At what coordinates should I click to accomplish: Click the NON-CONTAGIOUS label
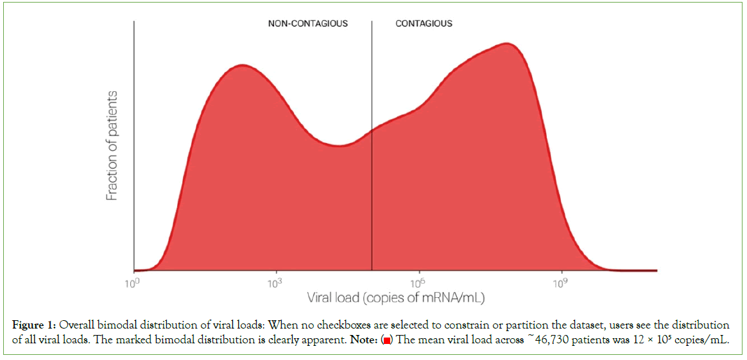pyautogui.click(x=307, y=24)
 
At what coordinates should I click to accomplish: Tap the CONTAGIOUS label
pyautogui.click(x=424, y=24)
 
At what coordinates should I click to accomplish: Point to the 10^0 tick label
pyautogui.click(x=133, y=283)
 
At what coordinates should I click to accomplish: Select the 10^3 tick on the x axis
pyautogui.click(x=275, y=283)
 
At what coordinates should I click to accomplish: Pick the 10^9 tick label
pyautogui.click(x=560, y=283)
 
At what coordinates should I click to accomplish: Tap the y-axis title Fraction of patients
pyautogui.click(x=113, y=146)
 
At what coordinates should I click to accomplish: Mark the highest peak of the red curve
pyautogui.click(x=507, y=44)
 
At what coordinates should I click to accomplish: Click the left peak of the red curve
pyautogui.click(x=241, y=65)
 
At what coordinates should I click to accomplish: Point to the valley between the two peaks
pyautogui.click(x=340, y=146)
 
